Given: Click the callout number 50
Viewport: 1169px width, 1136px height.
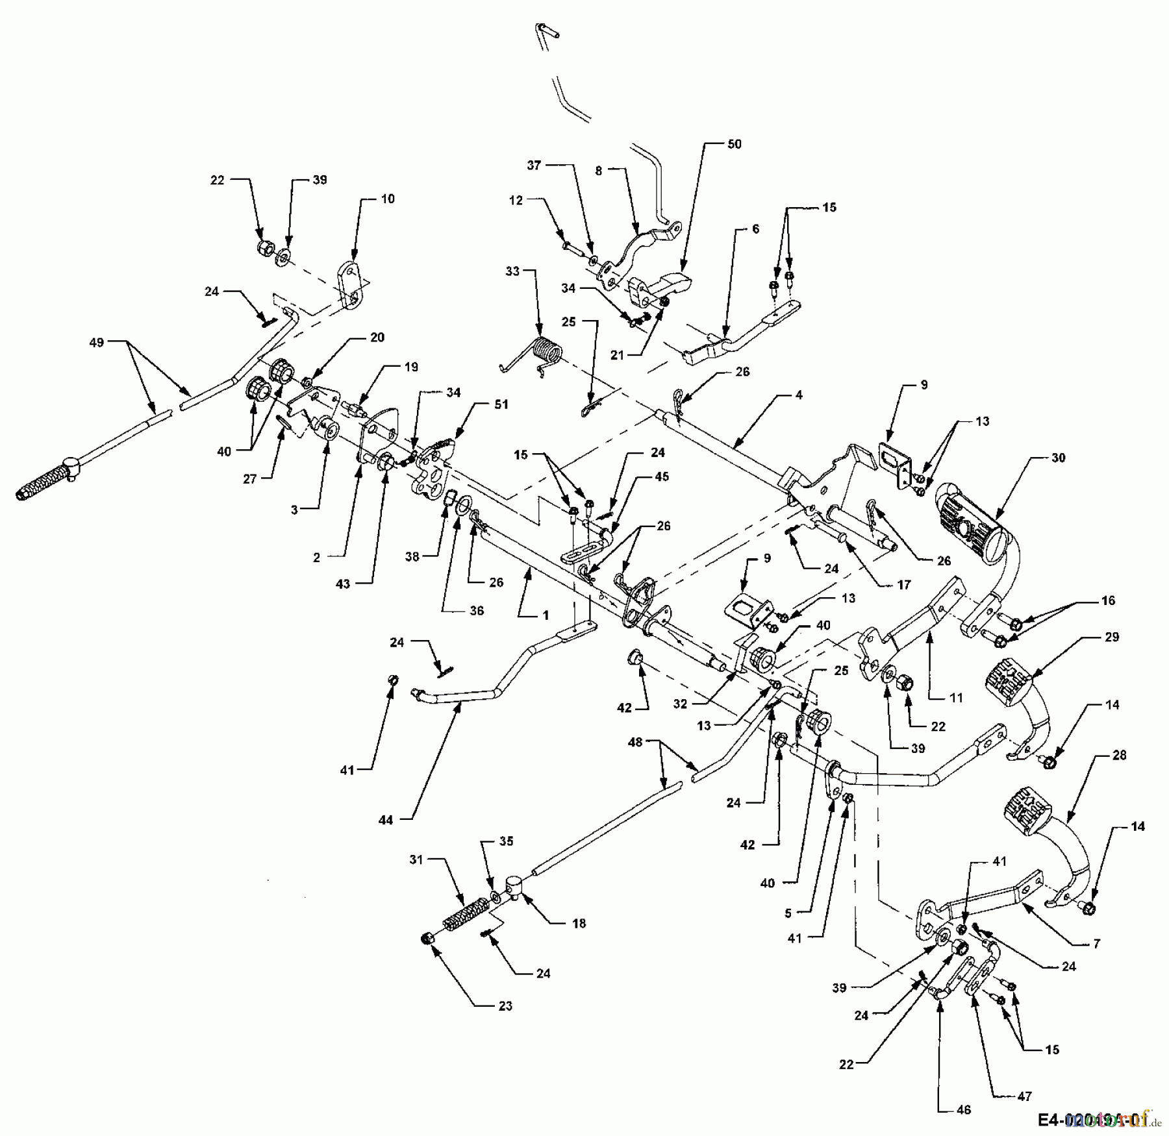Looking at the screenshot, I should click(734, 144).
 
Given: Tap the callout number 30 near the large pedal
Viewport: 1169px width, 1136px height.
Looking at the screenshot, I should click(1058, 458).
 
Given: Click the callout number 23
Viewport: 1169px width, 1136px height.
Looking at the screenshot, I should click(505, 1006).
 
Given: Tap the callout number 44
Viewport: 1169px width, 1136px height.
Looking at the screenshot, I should click(386, 821).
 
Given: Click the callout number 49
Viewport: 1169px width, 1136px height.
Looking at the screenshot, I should click(96, 342).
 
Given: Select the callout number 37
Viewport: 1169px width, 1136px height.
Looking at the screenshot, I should click(534, 166).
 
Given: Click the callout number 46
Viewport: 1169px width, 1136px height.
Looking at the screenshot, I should click(964, 1110).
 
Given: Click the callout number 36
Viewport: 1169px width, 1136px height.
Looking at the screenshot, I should click(477, 611).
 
